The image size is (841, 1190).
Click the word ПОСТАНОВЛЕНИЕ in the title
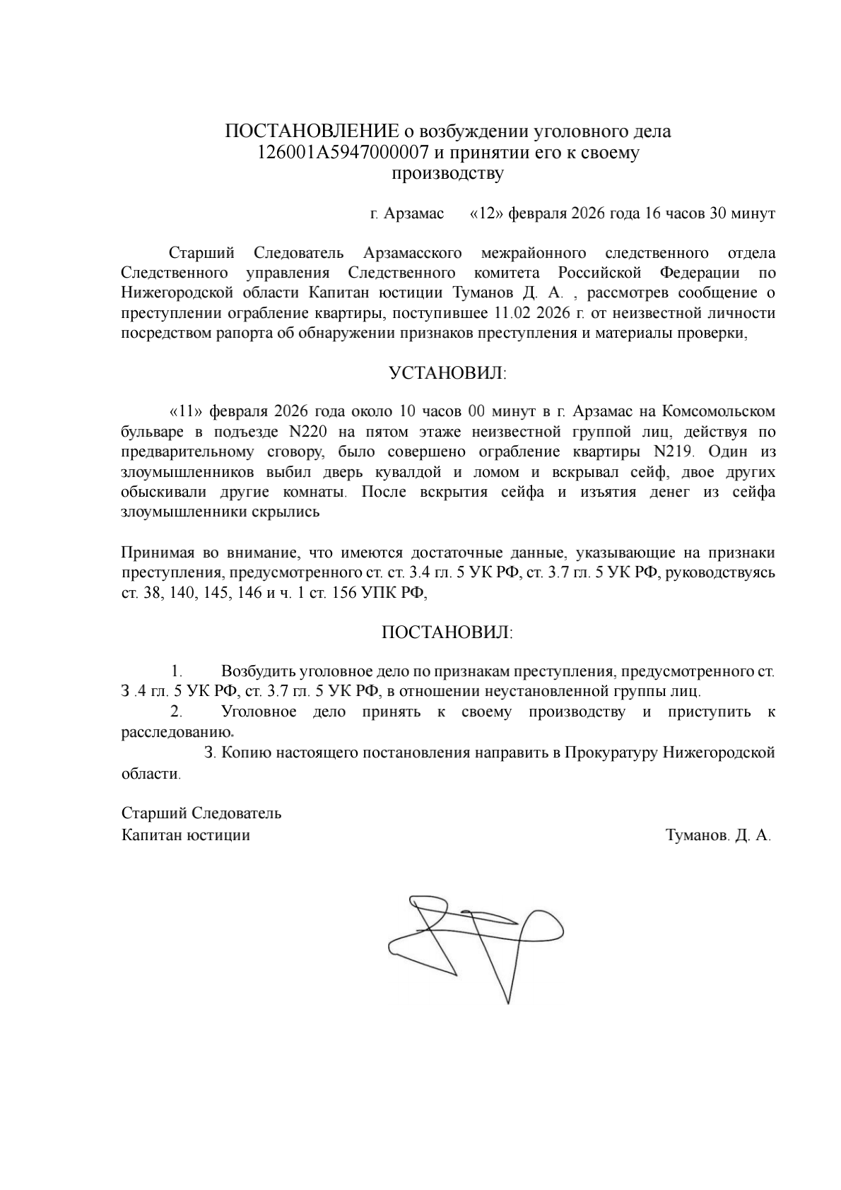point(312,131)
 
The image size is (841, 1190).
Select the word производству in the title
point(447,174)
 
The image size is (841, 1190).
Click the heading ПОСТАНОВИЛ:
point(447,632)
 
